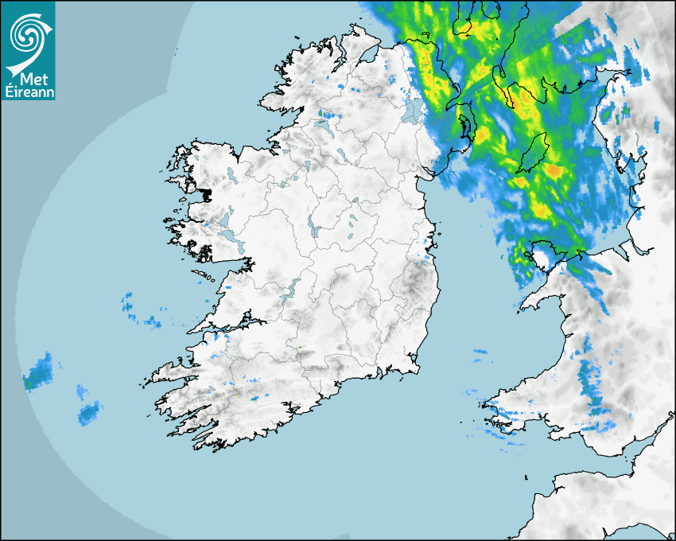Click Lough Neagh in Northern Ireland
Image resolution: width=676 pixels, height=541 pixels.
point(413,110)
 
